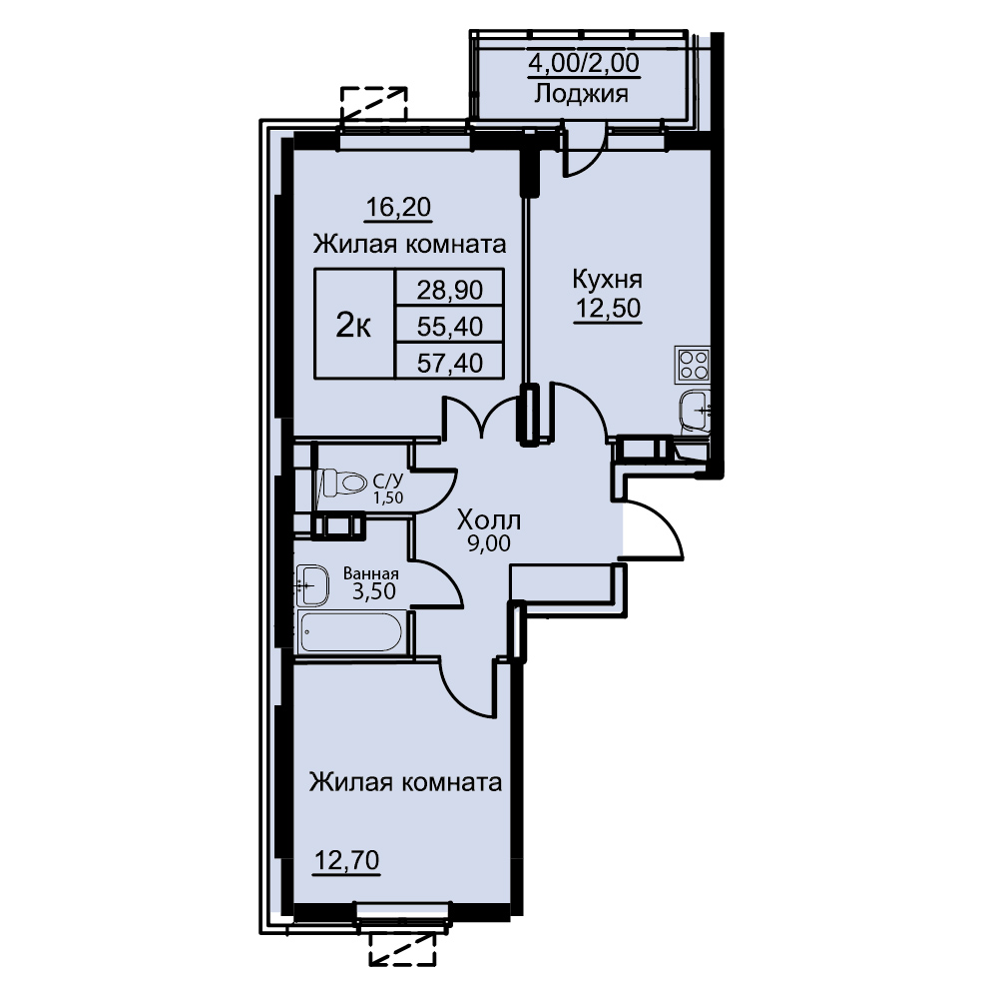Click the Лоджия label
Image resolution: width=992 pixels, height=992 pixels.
tap(582, 94)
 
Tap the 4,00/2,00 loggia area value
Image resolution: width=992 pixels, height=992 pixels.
tap(584, 63)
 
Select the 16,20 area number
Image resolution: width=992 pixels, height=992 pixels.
tap(398, 207)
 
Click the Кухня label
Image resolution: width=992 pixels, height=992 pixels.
tap(608, 279)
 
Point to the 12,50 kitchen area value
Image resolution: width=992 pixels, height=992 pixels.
tap(608, 309)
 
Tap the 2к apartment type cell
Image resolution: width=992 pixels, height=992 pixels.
tap(353, 325)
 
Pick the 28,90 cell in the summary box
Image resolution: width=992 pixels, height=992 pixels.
tap(450, 290)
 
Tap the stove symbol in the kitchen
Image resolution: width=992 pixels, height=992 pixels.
tap(693, 364)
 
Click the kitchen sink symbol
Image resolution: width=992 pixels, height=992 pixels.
tap(696, 413)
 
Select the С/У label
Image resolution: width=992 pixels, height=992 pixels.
tap(386, 484)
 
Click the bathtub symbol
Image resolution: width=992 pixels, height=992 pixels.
tap(351, 632)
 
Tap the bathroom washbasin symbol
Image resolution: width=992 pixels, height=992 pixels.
tap(312, 584)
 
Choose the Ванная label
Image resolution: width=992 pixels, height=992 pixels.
tap(370, 573)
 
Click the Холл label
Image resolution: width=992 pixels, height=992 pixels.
tap(489, 520)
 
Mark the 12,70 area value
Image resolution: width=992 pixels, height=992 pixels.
tap(347, 861)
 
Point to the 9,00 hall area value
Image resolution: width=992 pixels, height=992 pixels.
tap(489, 543)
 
